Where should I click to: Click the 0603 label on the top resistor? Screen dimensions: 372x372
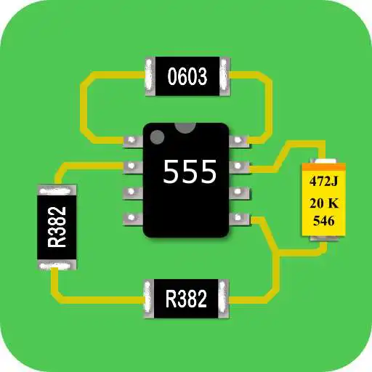[x=187, y=76]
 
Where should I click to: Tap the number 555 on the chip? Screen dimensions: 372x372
[x=189, y=173]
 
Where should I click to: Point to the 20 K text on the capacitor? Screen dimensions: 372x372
[x=323, y=201]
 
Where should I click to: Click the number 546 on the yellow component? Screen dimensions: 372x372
[x=323, y=220]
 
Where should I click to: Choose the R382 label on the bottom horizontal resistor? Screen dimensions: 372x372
[x=186, y=298]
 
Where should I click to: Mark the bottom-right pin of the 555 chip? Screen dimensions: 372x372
[x=239, y=217]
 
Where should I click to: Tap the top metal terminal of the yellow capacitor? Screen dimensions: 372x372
[x=323, y=163]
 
